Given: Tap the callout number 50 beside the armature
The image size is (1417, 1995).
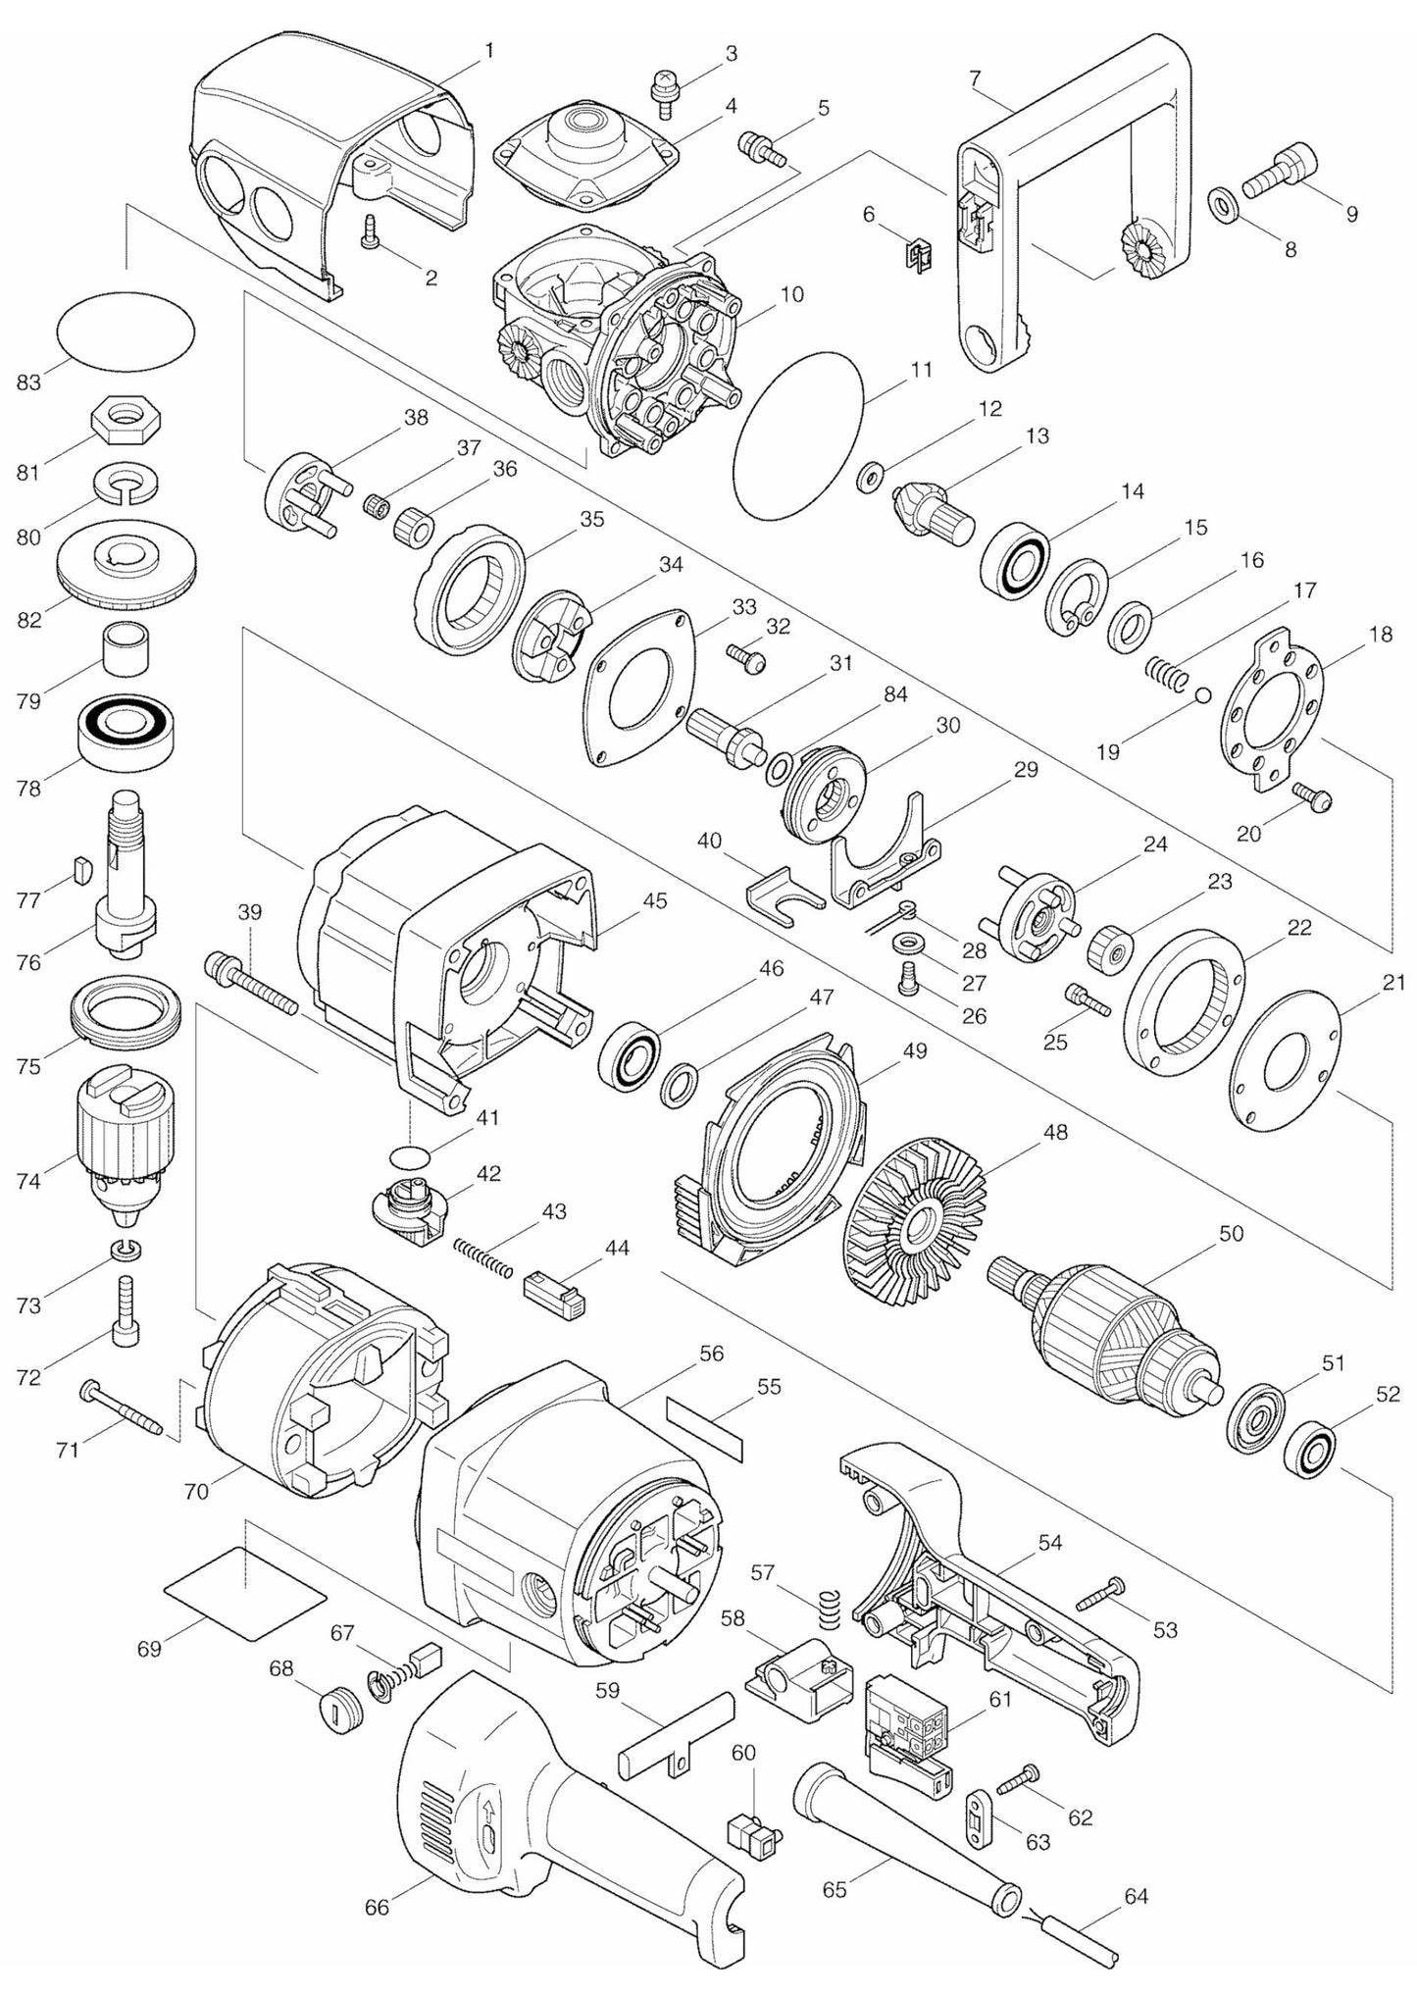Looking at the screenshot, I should tap(1231, 1233).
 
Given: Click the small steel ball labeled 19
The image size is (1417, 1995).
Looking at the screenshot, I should tap(1203, 694).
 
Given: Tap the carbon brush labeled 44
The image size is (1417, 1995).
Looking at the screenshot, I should tap(555, 1295).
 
